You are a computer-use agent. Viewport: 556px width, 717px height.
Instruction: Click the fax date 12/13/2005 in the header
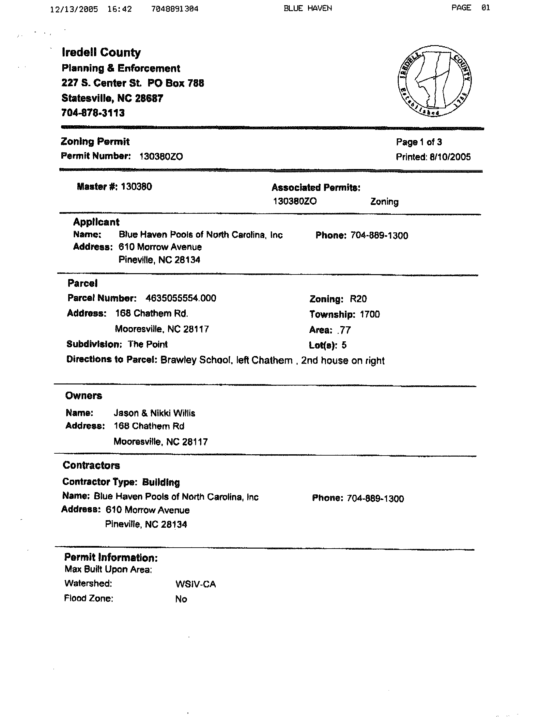coord(74,9)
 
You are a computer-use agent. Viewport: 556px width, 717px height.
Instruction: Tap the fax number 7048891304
coord(175,9)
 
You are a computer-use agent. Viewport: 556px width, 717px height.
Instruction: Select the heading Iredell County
coord(101,52)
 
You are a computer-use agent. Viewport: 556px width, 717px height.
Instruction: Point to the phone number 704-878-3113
coord(93,113)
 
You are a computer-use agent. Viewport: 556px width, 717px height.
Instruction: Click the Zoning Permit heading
coord(95,142)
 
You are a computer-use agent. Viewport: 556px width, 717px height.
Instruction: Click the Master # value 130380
coord(136,187)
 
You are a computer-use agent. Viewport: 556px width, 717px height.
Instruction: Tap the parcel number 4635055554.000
coord(181,298)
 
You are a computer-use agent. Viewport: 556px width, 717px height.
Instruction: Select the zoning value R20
coord(358,299)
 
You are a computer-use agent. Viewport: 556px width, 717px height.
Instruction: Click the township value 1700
coord(370,314)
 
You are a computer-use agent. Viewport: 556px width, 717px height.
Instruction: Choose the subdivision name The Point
coord(148,344)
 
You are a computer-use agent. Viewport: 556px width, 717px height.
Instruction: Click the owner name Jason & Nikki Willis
coord(154,413)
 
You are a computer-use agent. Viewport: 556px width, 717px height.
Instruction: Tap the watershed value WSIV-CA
coord(196,584)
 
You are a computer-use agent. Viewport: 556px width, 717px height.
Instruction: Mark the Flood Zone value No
coord(181,599)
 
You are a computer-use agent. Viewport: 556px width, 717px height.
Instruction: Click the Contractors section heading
coord(91,465)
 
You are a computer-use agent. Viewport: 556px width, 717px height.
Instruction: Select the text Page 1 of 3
coord(419,142)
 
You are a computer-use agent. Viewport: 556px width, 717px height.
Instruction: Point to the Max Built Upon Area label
coord(108,569)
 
